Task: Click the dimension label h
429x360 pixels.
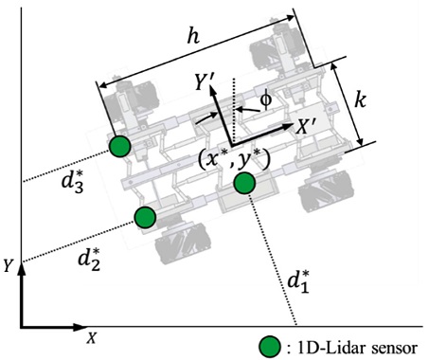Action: pyautogui.click(x=193, y=37)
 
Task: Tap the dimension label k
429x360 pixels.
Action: pyautogui.click(x=360, y=100)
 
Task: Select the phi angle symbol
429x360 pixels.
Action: pyautogui.click(x=266, y=99)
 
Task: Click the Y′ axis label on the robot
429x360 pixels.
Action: pyautogui.click(x=206, y=82)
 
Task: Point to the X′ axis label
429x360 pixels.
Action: pyautogui.click(x=305, y=128)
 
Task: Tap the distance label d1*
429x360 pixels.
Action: pyautogui.click(x=297, y=282)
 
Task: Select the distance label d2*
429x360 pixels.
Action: pyautogui.click(x=89, y=260)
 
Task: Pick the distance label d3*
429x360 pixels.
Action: pyautogui.click(x=72, y=181)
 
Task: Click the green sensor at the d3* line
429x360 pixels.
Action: pyautogui.click(x=120, y=146)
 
